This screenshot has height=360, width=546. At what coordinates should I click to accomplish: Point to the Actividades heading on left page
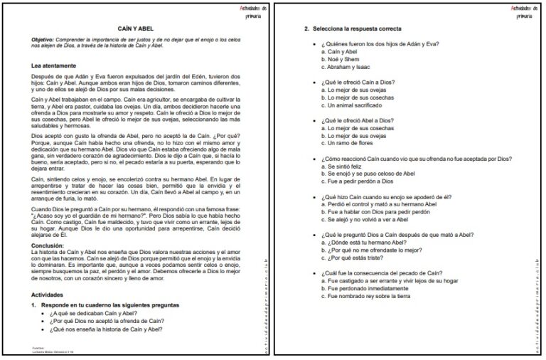[52, 293]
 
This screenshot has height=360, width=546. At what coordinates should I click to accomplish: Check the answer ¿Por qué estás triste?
[358, 258]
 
